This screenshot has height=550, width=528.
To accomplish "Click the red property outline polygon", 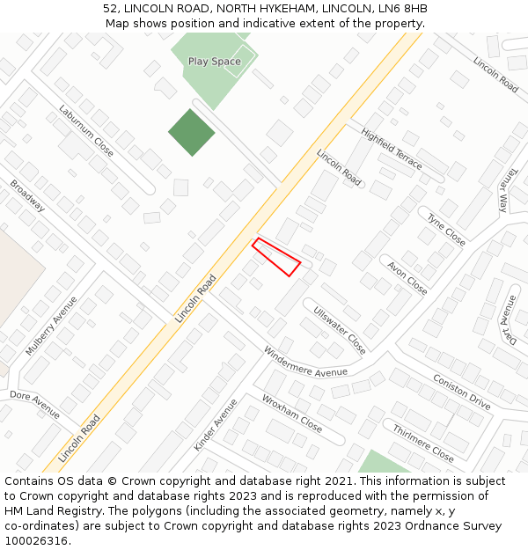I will (276, 256).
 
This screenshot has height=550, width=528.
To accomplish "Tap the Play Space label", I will (214, 62).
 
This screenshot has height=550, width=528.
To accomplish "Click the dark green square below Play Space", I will (192, 133).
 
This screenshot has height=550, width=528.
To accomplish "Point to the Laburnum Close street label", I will (86, 131).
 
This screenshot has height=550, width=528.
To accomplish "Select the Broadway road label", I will (27, 195).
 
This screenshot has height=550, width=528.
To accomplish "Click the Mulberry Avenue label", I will (51, 326).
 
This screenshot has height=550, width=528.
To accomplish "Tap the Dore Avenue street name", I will (35, 405).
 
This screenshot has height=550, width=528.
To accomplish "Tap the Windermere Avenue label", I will (305, 362).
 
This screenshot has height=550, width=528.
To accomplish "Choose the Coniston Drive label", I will (462, 392).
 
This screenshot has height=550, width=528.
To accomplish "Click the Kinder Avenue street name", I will (216, 425).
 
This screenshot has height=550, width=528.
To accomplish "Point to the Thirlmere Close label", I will (423, 443).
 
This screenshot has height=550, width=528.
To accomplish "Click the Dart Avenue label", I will (508, 320).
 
